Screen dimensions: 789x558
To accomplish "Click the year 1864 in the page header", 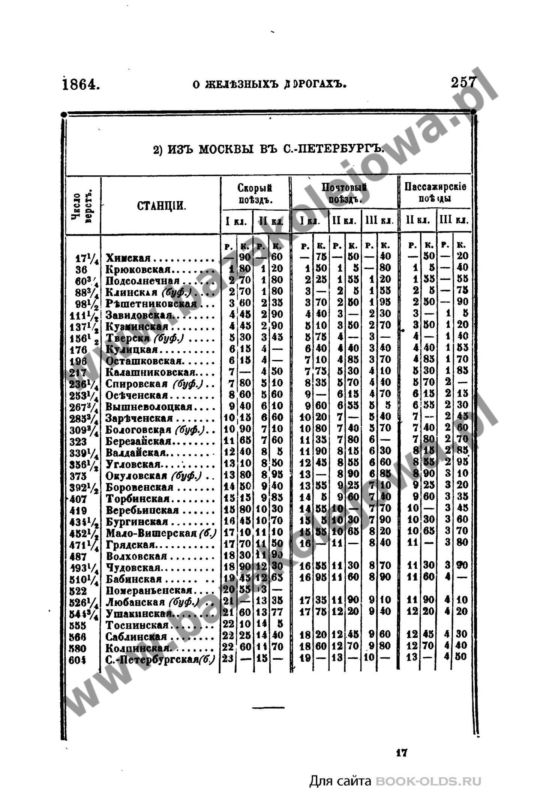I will (81, 84).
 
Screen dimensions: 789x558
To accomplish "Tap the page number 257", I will (463, 82).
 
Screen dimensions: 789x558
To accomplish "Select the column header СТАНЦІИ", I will (161, 206).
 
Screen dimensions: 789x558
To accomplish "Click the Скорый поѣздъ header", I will (255, 193).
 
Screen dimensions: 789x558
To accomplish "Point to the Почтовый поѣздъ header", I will (344, 193).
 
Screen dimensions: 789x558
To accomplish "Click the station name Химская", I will (128, 258).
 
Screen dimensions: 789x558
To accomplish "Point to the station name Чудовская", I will (133, 567).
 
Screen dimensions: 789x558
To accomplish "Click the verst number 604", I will (78, 660).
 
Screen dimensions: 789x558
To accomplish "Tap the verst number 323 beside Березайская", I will (78, 442).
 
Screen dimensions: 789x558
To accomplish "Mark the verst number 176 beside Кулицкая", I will (78, 350).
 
